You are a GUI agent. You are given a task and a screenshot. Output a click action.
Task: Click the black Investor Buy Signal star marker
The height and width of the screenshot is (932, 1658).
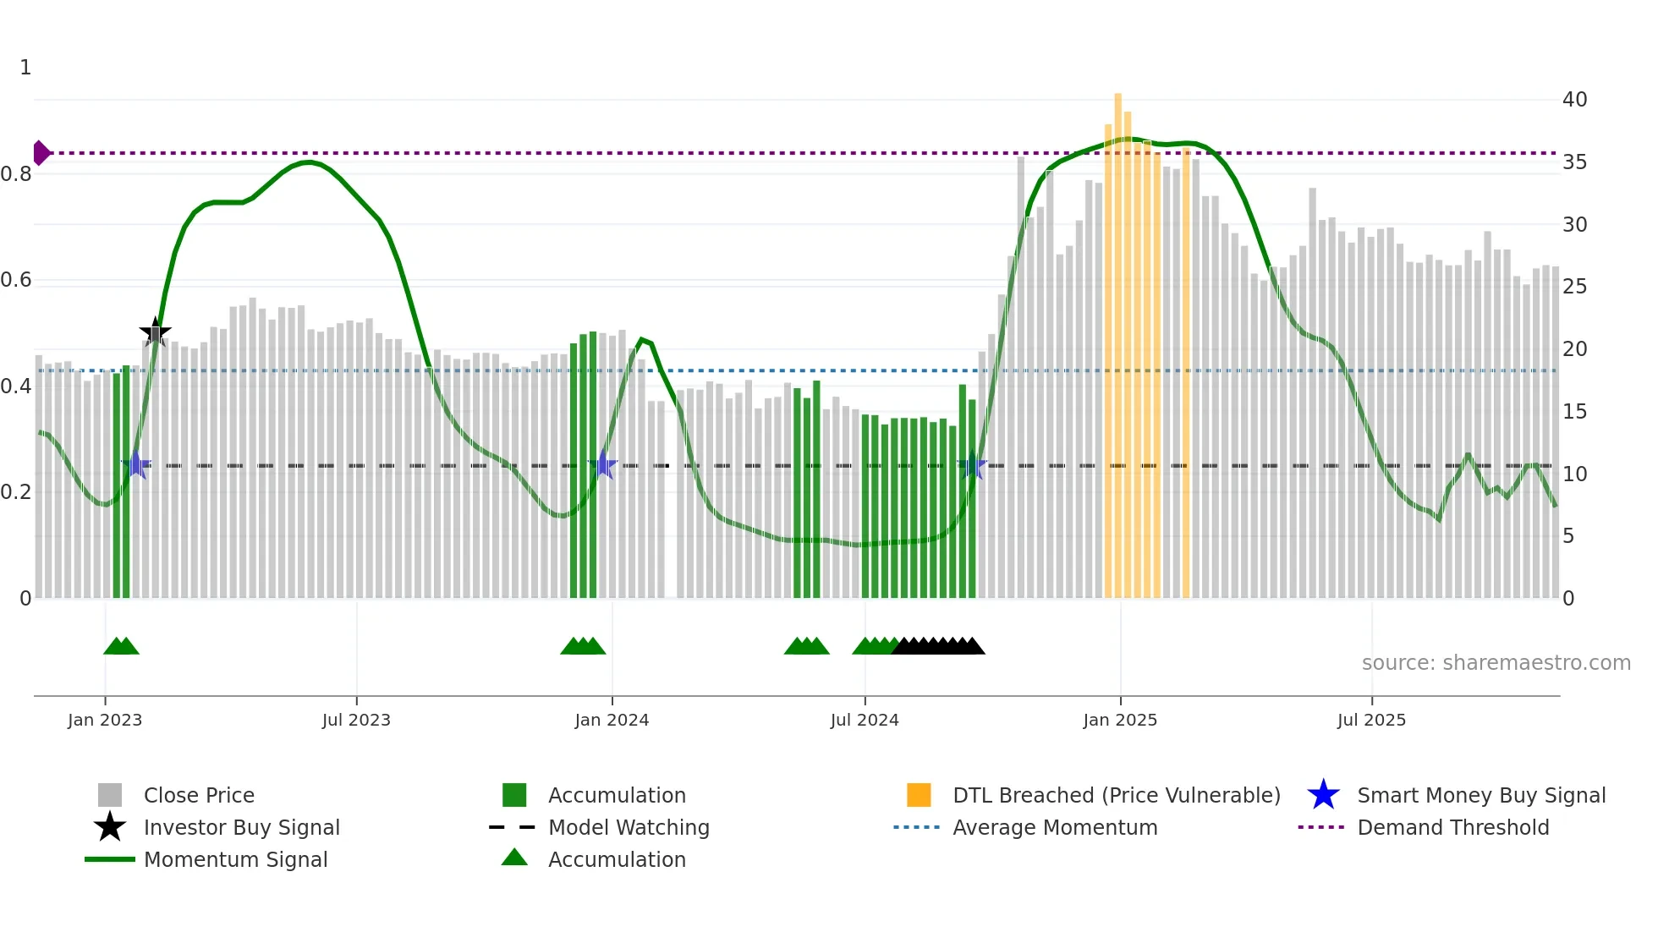(155, 332)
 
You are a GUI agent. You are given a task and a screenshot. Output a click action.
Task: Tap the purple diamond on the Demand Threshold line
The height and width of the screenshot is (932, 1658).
(41, 153)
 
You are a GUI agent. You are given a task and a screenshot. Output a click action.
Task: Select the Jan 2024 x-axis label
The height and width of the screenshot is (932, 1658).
(612, 720)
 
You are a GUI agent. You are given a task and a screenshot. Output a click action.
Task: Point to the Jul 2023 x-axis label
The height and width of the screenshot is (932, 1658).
(356, 720)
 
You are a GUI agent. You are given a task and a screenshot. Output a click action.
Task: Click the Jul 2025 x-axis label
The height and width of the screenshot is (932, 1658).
(1371, 720)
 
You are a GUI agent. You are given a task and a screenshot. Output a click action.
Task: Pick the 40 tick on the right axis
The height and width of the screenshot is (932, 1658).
(1574, 100)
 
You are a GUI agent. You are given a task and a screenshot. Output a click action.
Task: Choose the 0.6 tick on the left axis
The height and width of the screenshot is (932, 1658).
(16, 280)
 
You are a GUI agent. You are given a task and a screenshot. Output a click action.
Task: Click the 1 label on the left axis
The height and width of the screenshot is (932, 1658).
(25, 68)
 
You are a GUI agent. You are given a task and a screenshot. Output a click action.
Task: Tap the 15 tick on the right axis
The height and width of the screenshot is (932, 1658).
(1574, 412)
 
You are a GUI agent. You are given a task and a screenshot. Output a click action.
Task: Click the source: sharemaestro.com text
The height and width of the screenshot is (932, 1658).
(1496, 663)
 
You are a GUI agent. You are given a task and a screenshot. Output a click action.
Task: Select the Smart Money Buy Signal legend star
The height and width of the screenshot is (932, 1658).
(1323, 795)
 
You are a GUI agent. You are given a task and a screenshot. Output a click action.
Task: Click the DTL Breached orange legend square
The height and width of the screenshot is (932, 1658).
(919, 795)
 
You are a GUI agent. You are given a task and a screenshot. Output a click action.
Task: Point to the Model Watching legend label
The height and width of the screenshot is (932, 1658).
(629, 827)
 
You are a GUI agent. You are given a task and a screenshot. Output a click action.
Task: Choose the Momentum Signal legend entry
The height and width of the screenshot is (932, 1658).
(235, 859)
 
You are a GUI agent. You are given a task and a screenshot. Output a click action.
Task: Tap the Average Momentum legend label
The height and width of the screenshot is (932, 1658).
(1055, 827)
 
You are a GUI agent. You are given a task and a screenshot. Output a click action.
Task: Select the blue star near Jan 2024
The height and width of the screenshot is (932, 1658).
(603, 465)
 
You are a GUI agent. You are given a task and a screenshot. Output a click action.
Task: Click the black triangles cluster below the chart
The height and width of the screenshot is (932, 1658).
(937, 646)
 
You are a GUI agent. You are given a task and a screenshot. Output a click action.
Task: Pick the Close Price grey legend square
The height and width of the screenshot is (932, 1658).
(110, 795)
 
